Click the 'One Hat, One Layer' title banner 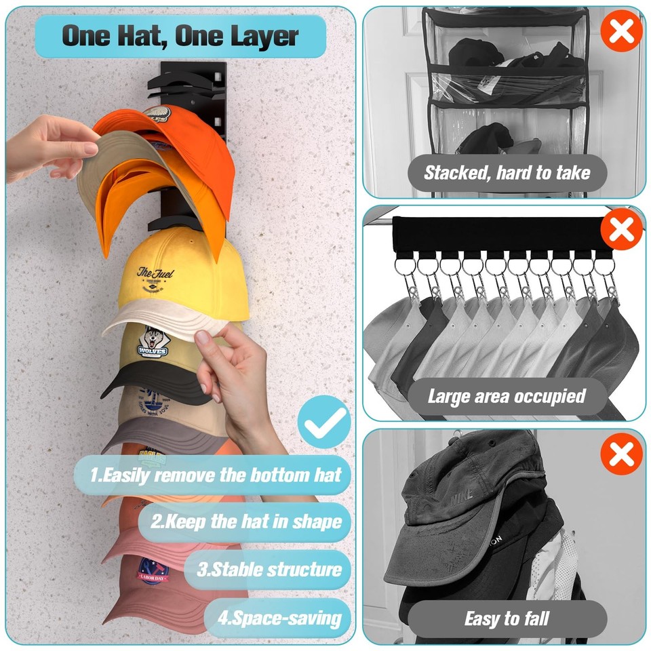(180, 36)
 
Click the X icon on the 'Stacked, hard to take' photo (620, 31)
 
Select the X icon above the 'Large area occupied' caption (620, 230)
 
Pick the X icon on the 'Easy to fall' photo (620, 454)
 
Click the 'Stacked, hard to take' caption (507, 173)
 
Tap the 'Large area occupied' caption (507, 396)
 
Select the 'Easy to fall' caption (507, 618)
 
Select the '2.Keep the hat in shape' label (245, 521)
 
